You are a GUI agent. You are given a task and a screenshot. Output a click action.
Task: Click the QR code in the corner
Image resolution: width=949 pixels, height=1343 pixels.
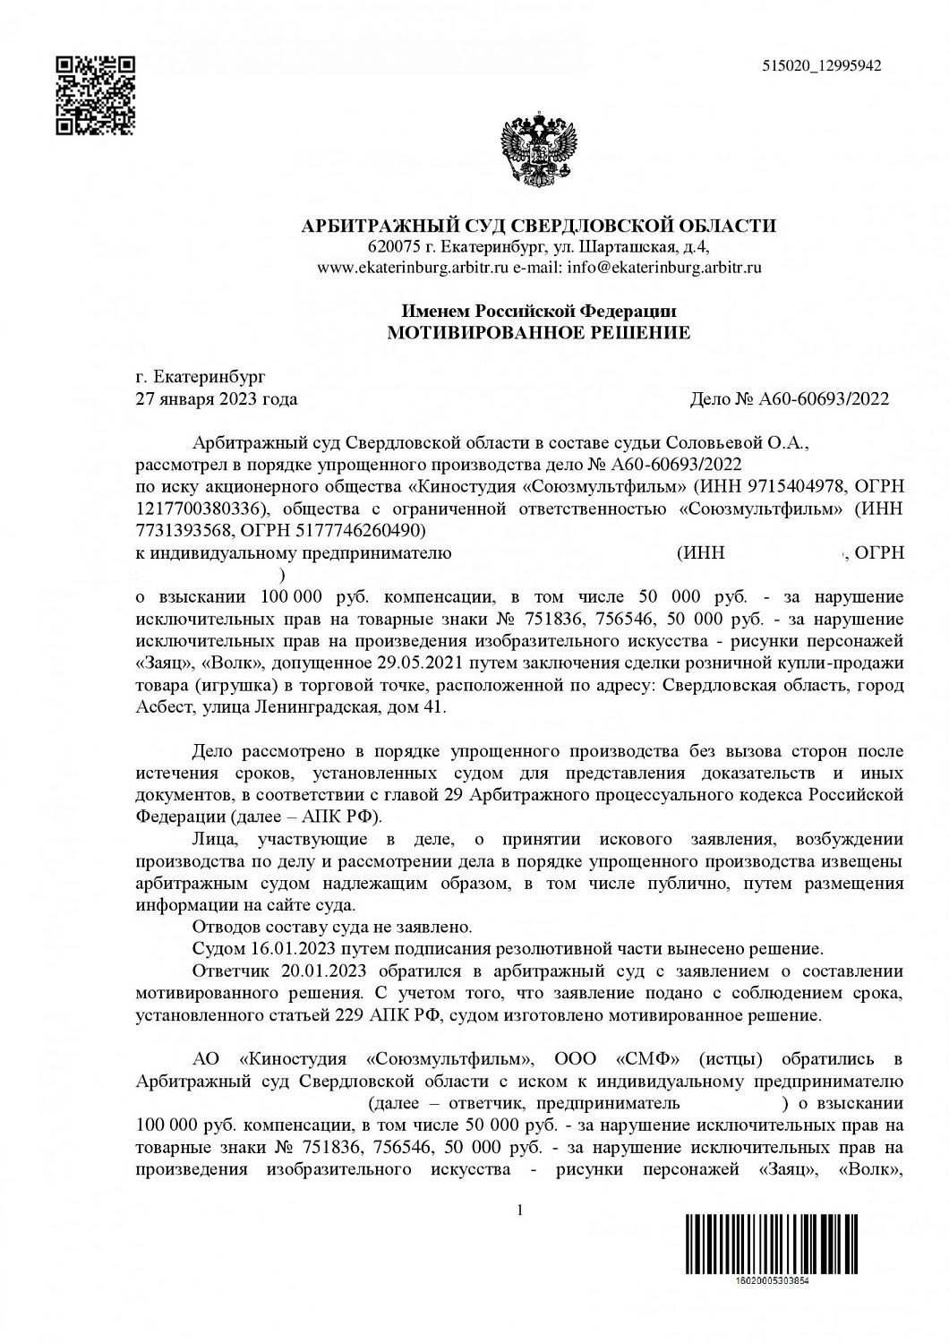[x=95, y=95]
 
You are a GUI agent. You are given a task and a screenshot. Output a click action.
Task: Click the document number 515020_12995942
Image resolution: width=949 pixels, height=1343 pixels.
[x=822, y=65]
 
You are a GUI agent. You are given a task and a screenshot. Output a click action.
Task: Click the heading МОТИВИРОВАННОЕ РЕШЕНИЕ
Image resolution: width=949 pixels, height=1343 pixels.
[x=538, y=333]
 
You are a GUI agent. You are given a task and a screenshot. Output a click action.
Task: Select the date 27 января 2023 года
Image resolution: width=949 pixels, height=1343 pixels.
[x=216, y=399]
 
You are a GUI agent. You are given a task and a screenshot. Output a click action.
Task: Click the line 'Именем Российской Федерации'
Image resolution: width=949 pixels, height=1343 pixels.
[x=538, y=312]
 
